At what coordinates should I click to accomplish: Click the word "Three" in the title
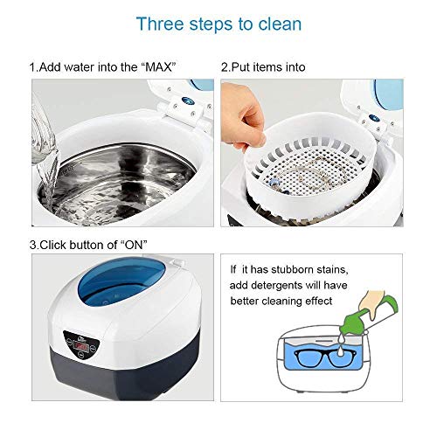[x=160, y=24]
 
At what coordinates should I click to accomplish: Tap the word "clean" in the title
[x=280, y=24]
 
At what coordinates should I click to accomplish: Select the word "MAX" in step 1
[x=158, y=67]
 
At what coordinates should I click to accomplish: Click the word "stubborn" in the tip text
[x=292, y=270]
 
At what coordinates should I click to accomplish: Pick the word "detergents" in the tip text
[x=276, y=285]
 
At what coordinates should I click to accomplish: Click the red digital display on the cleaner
[x=82, y=347]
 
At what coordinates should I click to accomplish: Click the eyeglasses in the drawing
[x=320, y=357]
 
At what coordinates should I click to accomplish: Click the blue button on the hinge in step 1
[x=188, y=101]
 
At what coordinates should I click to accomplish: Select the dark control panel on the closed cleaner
[x=81, y=346]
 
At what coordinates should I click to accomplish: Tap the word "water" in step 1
[x=80, y=67]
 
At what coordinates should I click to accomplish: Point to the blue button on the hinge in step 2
[x=374, y=119]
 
